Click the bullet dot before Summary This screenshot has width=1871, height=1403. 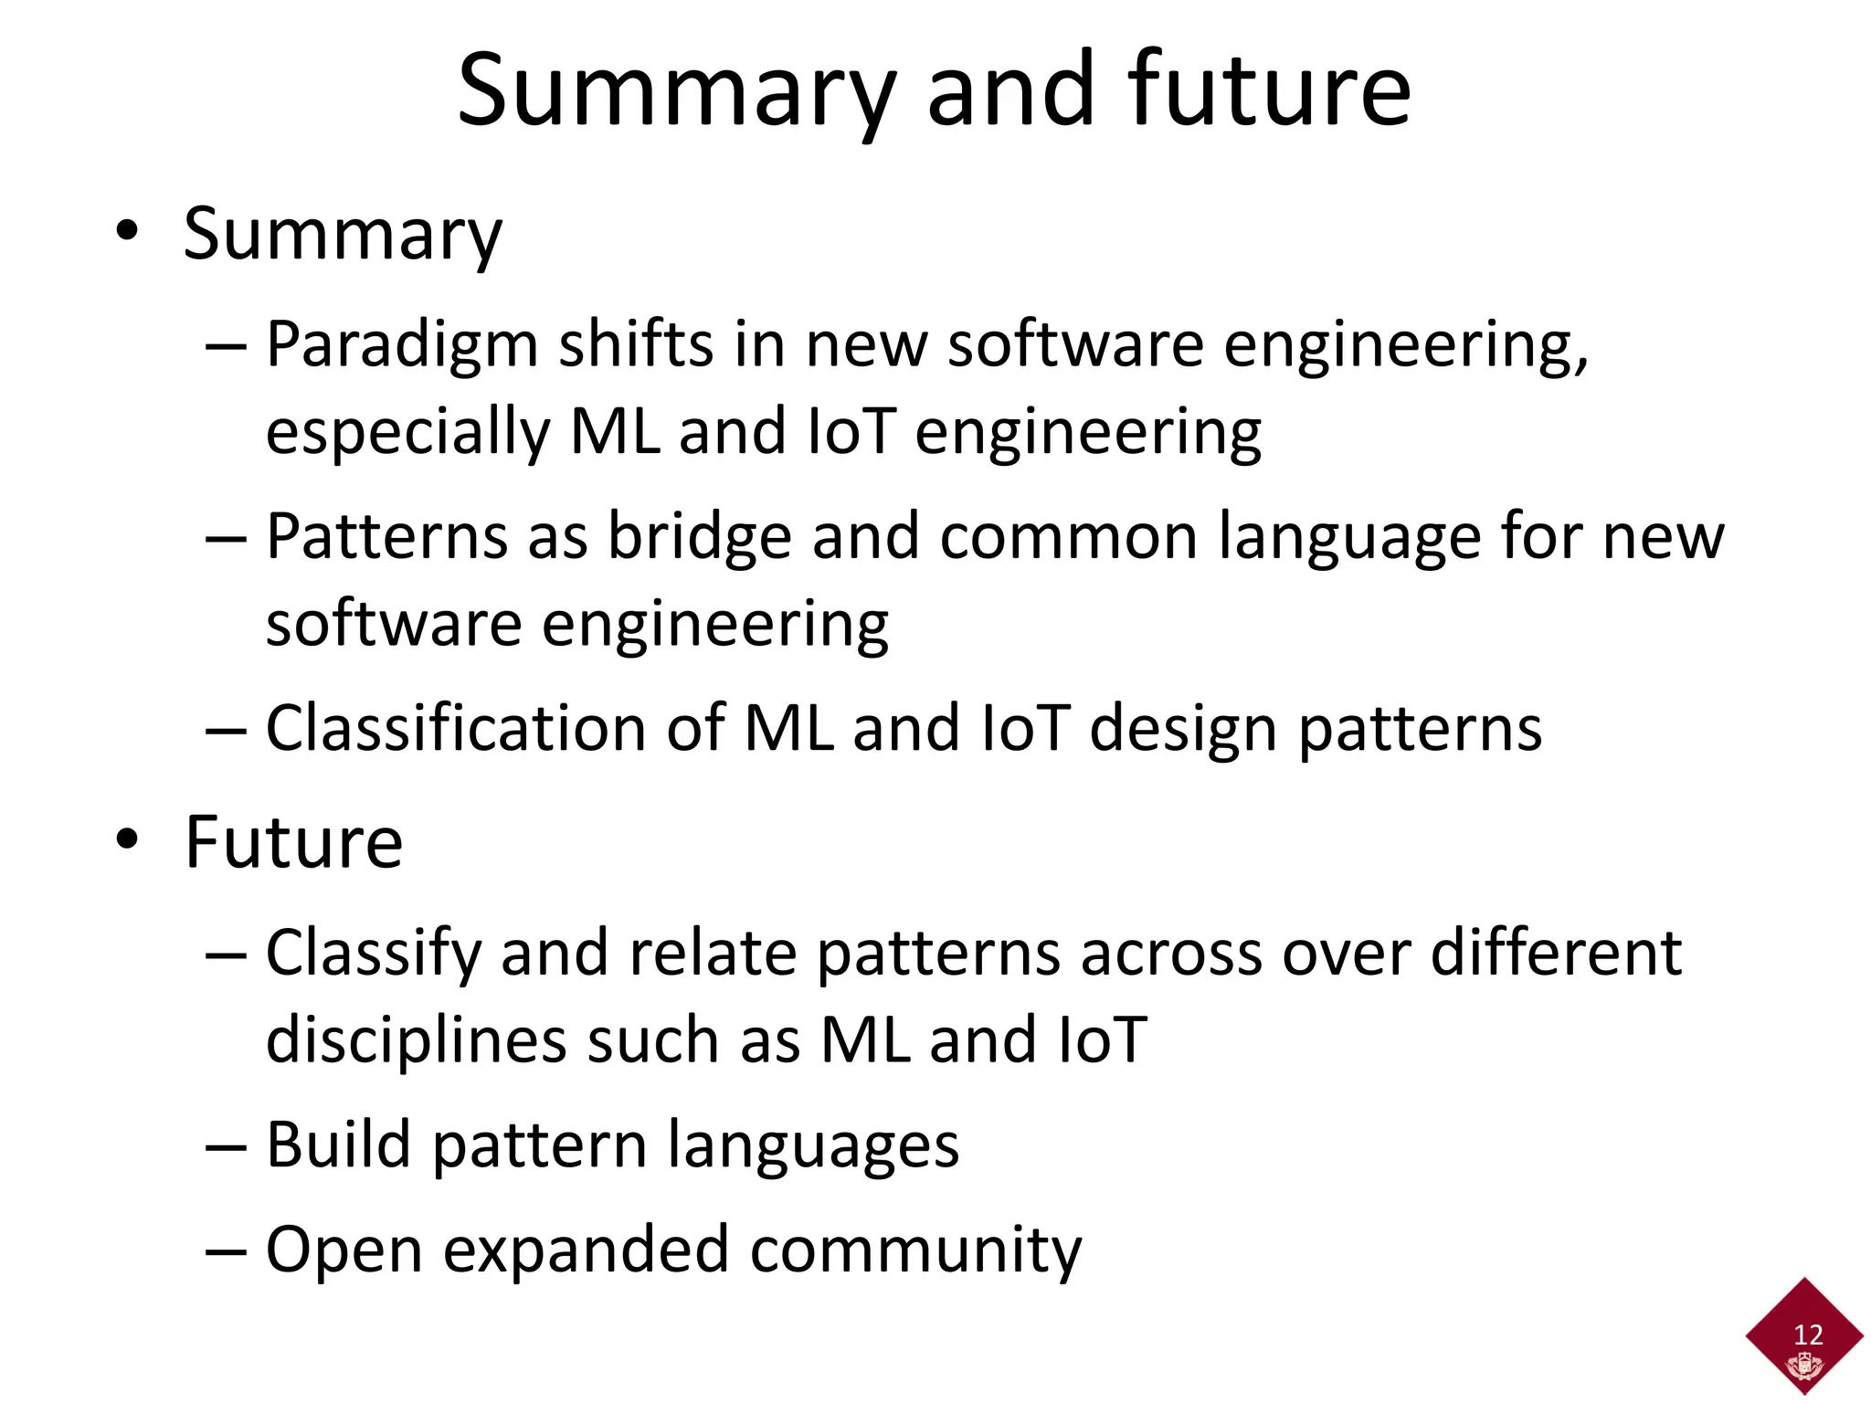(127, 231)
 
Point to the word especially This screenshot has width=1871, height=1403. (407, 433)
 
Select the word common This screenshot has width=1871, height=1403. (1068, 537)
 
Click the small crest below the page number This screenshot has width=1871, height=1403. (1804, 1366)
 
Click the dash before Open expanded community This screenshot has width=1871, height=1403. (226, 1250)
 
